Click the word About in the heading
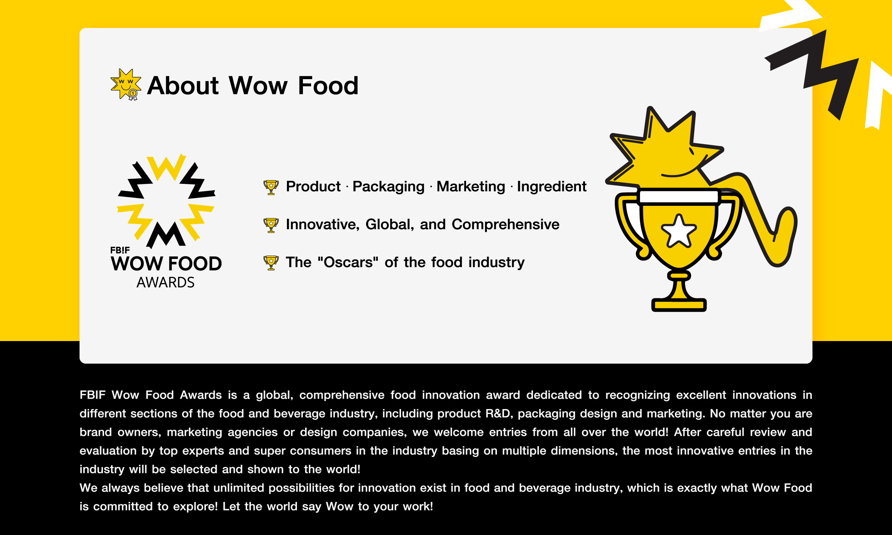tap(183, 86)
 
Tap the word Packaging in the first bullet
tap(388, 187)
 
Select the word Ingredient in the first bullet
tap(552, 187)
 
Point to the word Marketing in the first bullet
tap(471, 187)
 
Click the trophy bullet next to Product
tap(271, 187)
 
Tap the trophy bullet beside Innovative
tap(271, 225)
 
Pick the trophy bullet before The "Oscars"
tap(271, 263)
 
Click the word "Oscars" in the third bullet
tap(348, 262)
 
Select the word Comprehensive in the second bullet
tap(505, 224)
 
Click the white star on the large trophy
tap(679, 231)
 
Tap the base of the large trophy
tap(679, 305)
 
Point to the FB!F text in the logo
tap(120, 250)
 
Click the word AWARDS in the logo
tap(165, 283)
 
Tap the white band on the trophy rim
tap(679, 197)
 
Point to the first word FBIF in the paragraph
tap(93, 395)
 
